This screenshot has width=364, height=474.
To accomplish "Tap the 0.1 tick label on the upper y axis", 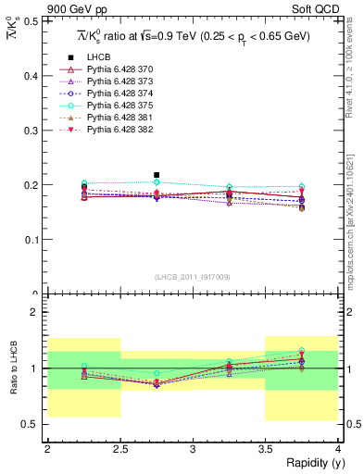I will [34, 240].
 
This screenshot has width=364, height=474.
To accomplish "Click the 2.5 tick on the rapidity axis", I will [120, 448].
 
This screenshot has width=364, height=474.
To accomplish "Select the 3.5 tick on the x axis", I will [266, 448].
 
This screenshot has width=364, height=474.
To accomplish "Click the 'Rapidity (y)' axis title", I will [309, 463].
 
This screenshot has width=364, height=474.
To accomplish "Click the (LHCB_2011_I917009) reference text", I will [193, 277].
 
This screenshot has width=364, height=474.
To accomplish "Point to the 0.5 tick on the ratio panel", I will [34, 424].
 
